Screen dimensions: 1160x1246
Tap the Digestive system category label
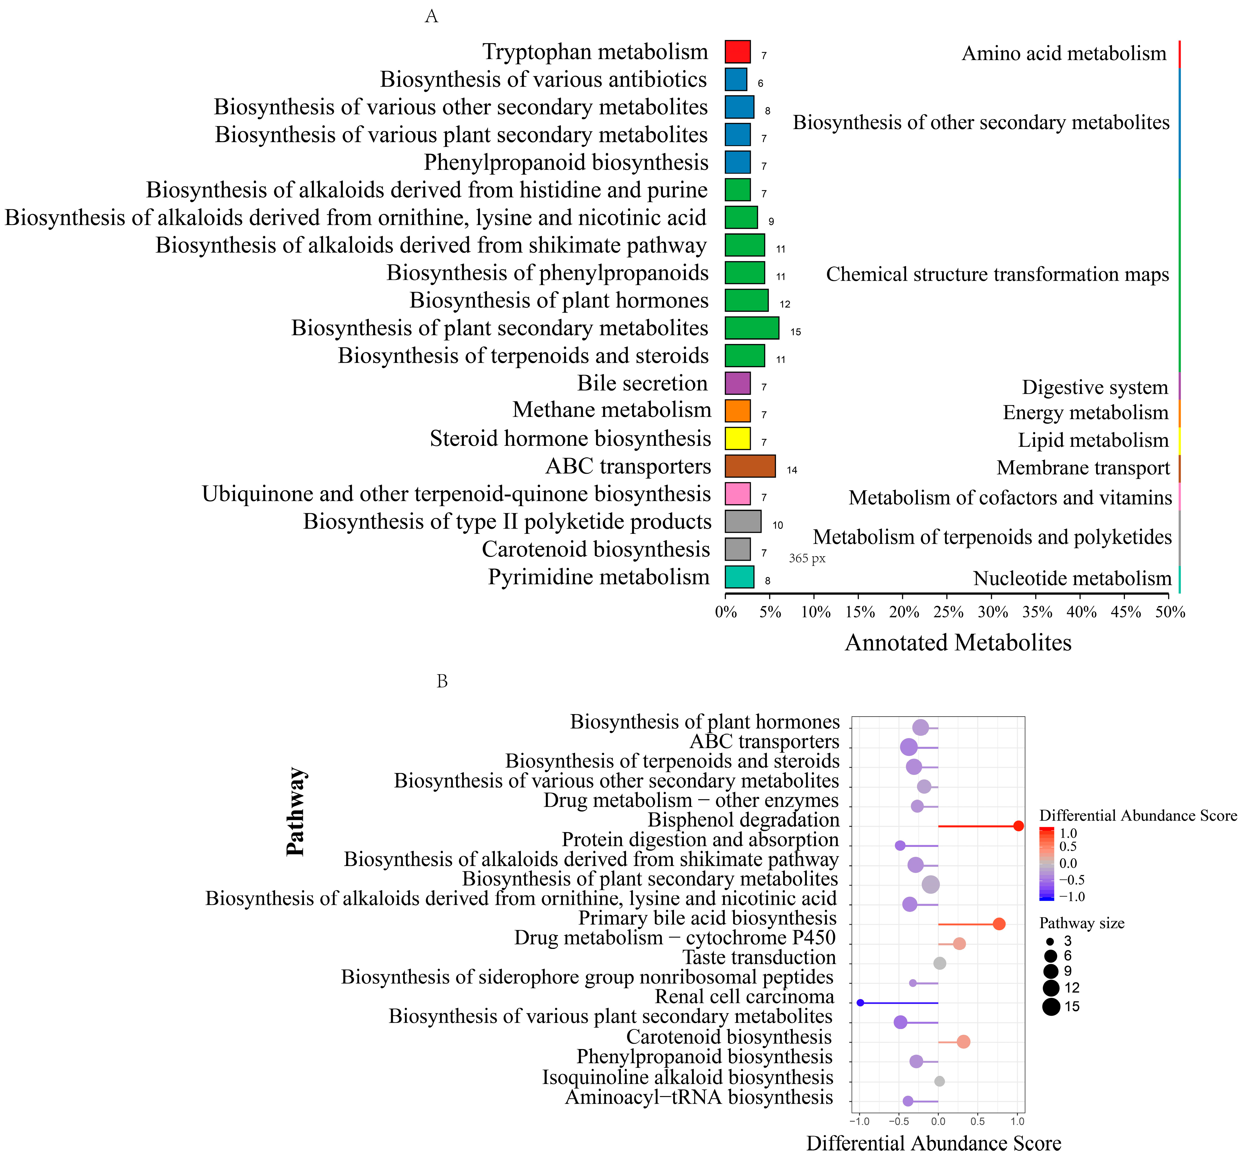[x=1095, y=388]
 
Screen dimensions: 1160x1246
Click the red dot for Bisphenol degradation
[x=1018, y=826]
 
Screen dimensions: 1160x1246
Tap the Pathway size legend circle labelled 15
[x=1051, y=1007]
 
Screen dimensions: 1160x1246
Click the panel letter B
[x=442, y=682]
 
